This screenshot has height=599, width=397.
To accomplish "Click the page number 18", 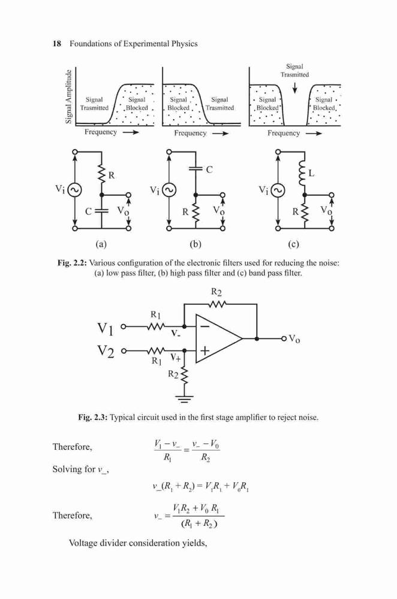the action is (56, 44).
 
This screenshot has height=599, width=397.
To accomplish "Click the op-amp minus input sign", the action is (205, 326).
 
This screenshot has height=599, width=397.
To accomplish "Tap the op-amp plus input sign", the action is (205, 350).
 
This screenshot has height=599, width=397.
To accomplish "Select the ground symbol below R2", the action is (184, 399).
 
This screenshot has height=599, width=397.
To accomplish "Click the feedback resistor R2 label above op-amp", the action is (216, 292).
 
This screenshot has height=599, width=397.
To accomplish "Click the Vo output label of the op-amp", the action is (294, 338).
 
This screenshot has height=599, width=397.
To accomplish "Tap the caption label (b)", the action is (196, 244).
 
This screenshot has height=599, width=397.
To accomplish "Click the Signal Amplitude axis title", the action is (68, 96).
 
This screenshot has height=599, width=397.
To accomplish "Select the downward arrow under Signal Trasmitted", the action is (294, 88).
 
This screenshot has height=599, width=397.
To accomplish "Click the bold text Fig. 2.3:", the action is (92, 418).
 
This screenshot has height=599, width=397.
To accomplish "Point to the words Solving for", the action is (73, 469).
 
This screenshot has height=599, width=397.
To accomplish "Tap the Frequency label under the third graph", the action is (284, 133).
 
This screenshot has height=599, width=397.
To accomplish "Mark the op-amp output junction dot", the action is (257, 338).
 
